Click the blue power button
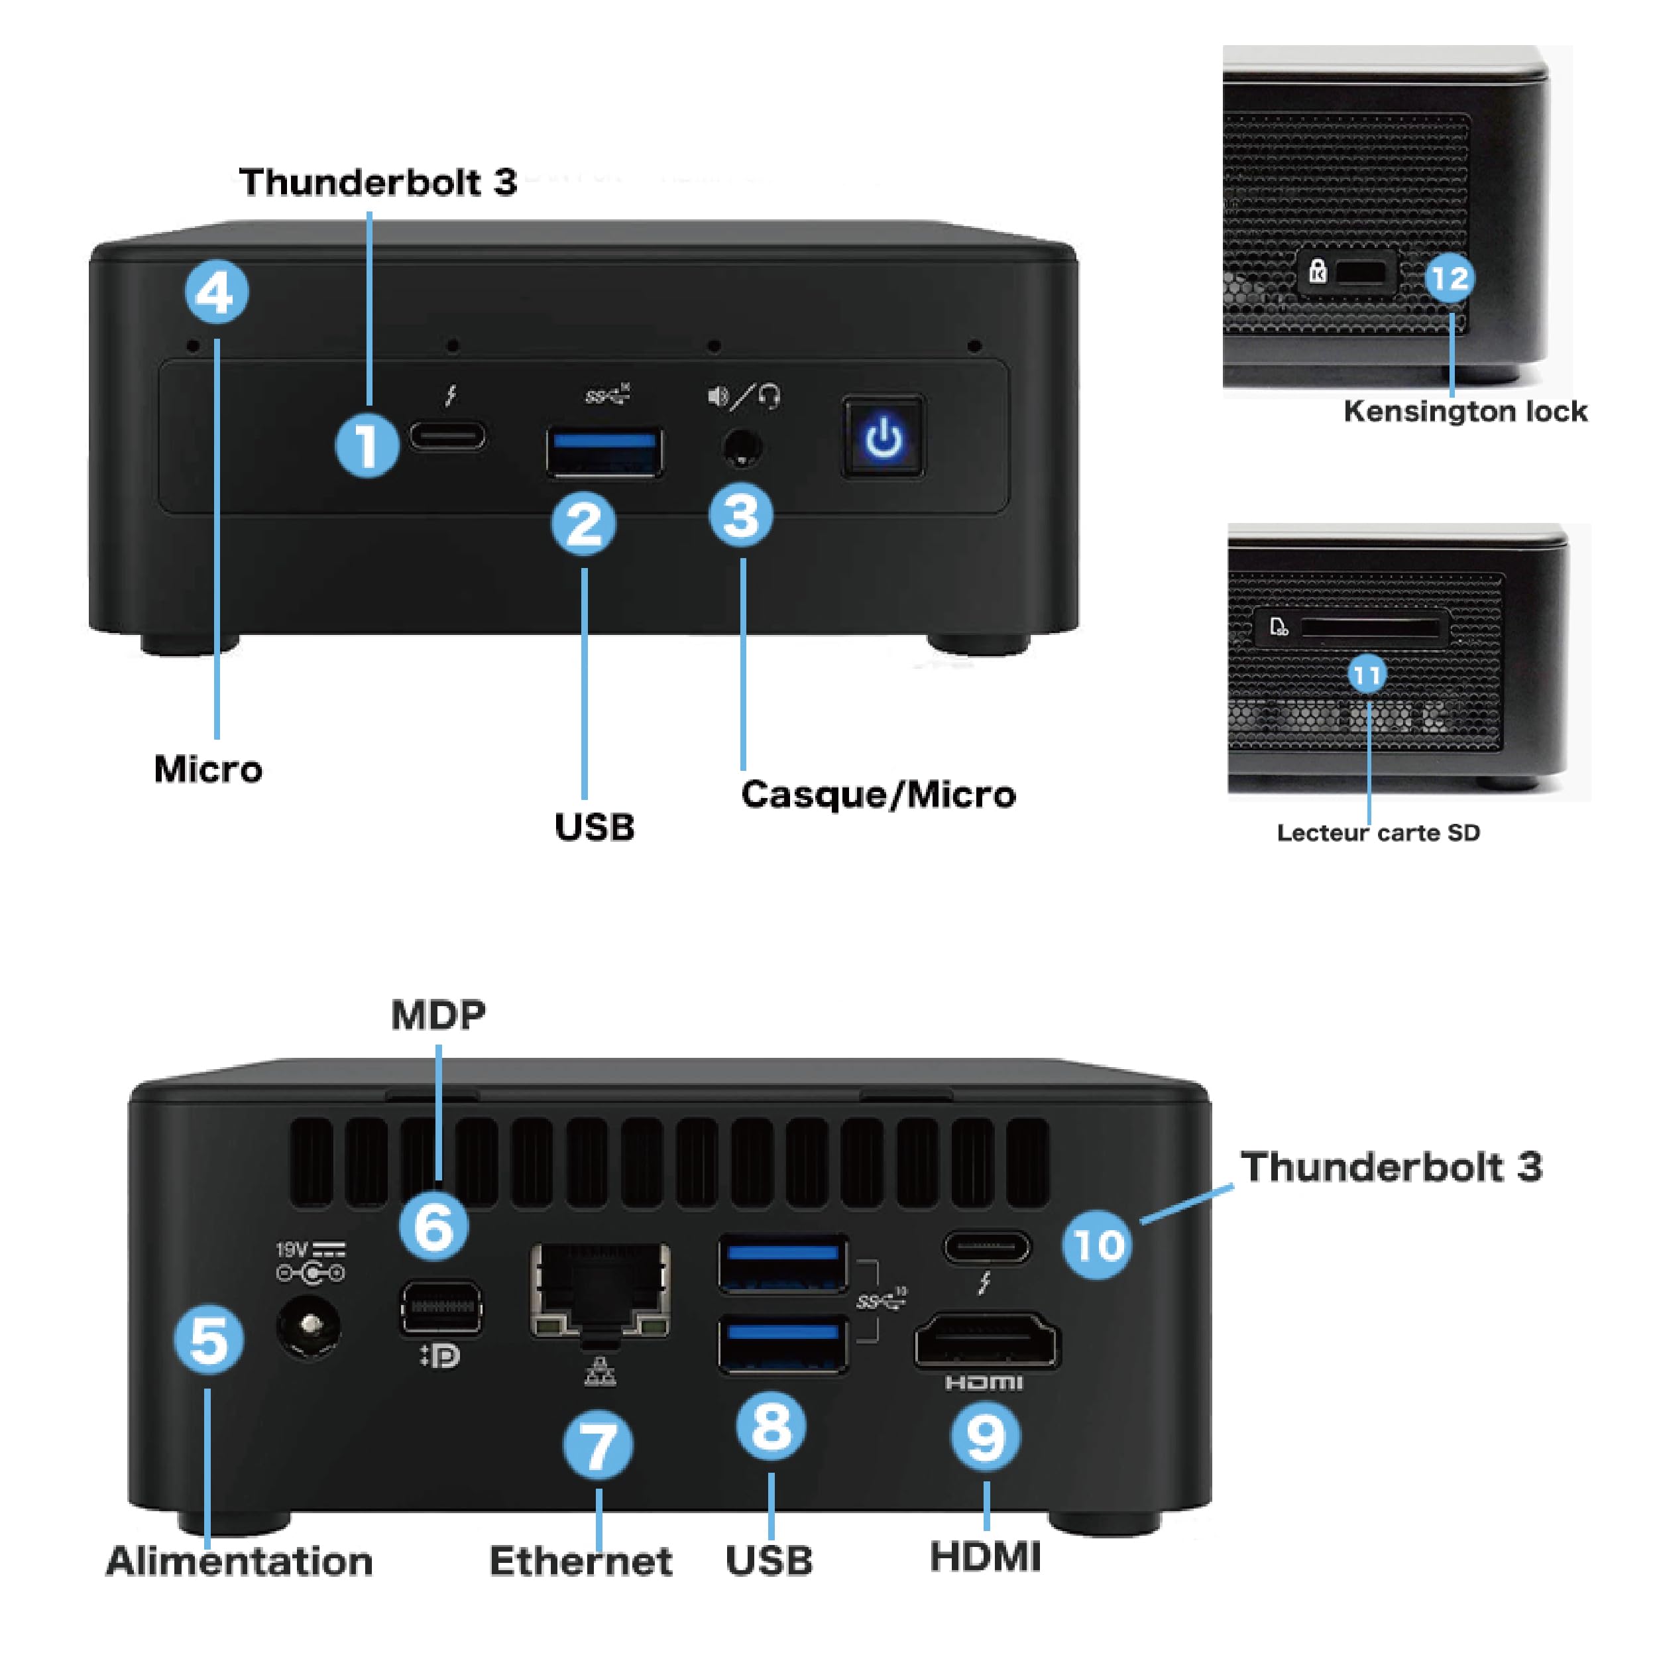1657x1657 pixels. [884, 437]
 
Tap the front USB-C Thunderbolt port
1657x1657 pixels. [447, 435]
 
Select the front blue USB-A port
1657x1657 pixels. [604, 452]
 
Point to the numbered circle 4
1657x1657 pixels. [217, 292]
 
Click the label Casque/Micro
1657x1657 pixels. [878, 794]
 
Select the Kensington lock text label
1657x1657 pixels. [1465, 412]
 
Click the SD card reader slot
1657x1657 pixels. [1370, 628]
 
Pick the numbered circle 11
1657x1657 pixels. [1368, 675]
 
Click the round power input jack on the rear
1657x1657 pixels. [309, 1327]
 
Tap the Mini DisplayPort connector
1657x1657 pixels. [441, 1307]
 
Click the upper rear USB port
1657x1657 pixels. [783, 1263]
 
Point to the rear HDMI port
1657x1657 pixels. [987, 1341]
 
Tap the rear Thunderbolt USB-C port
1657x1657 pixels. [987, 1247]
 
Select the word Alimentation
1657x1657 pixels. [239, 1561]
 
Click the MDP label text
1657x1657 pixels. [438, 1015]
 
